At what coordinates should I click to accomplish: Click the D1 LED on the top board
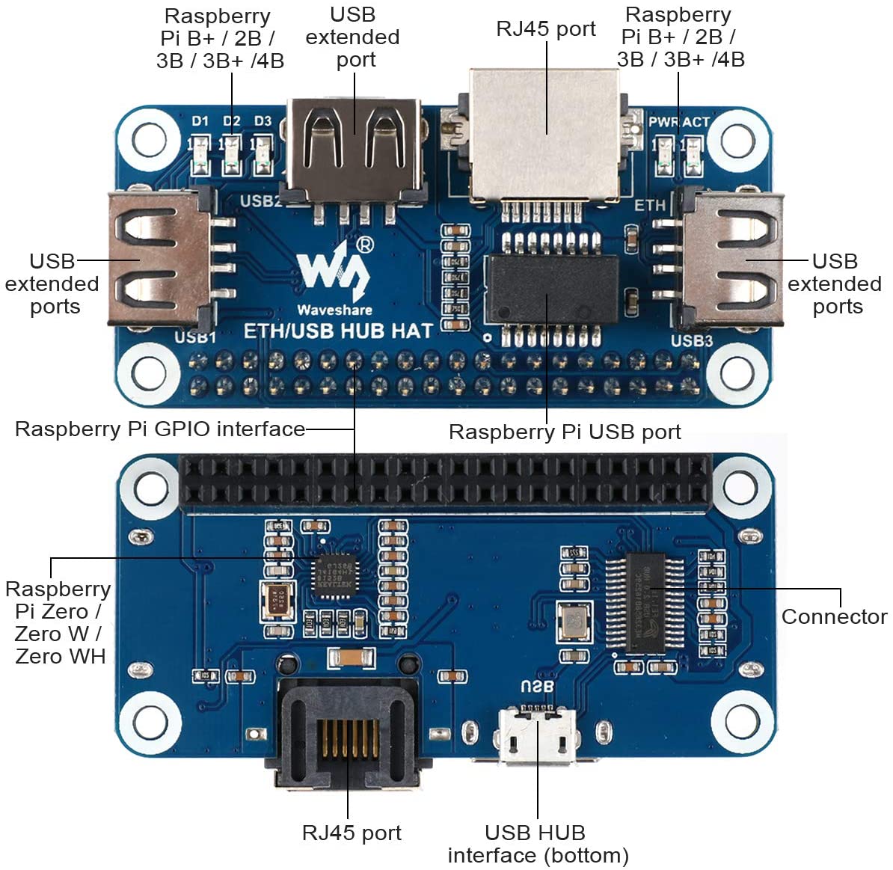tap(200, 155)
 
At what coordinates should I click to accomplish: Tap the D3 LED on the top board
tap(263, 155)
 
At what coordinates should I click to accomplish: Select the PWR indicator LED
tap(661, 155)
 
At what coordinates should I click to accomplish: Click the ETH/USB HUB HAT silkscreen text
tap(338, 331)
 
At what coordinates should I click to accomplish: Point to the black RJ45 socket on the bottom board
tap(348, 737)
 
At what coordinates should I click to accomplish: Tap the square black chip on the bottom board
tap(334, 576)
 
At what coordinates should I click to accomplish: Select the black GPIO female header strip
tap(445, 482)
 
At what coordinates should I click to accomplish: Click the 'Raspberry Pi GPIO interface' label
tap(160, 429)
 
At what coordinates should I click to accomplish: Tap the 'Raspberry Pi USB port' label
tap(565, 432)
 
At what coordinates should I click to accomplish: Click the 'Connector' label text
tap(834, 617)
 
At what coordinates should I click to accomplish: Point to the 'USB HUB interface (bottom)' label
tap(537, 844)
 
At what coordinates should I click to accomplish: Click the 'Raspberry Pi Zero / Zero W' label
tap(58, 622)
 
